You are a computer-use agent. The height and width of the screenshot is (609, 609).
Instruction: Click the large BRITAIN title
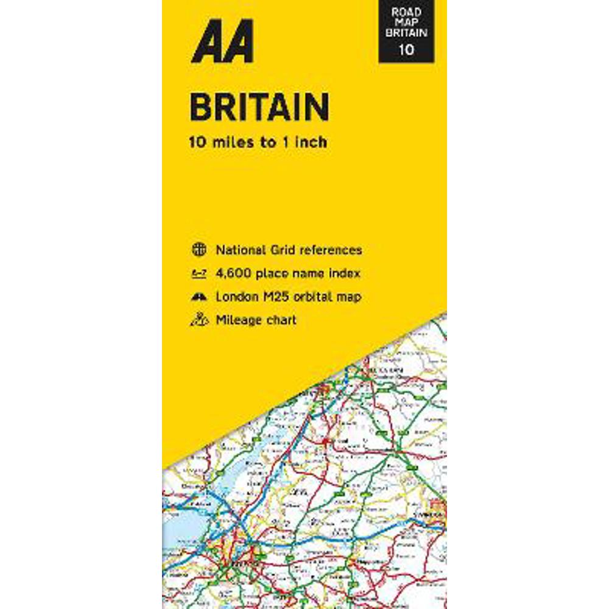[259, 107]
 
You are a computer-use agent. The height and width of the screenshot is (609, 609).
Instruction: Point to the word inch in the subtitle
[311, 143]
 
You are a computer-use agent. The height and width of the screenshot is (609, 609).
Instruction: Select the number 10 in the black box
[407, 49]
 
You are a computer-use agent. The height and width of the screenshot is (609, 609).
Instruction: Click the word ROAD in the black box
[407, 11]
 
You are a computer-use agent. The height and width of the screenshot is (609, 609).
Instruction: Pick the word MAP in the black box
[407, 21]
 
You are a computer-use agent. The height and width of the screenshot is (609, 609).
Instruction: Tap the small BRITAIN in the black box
[407, 33]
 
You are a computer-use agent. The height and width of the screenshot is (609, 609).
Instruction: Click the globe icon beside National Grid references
[199, 250]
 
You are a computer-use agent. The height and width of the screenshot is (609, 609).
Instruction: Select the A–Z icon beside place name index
[199, 273]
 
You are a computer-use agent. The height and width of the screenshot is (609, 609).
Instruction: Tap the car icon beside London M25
[199, 297]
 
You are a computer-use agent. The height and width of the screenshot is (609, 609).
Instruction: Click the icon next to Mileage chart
[199, 320]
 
